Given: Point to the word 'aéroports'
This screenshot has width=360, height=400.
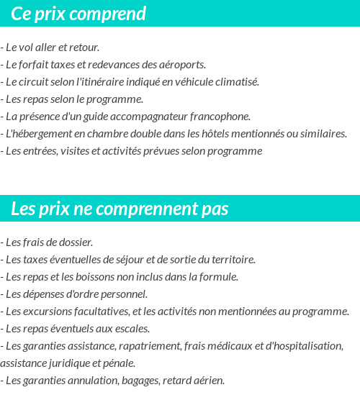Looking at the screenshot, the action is click(183, 65).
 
